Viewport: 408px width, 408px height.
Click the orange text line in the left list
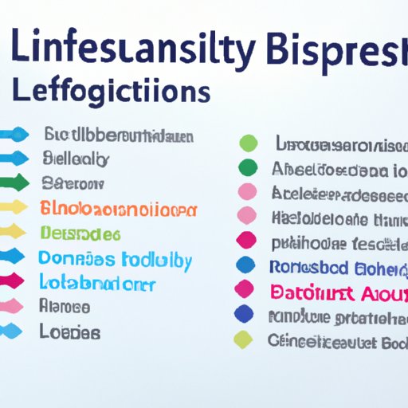[x=117, y=210]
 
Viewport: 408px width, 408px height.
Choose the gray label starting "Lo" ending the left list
[x=69, y=331]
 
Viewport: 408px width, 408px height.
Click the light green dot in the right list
[x=249, y=143]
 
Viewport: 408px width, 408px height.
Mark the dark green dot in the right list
[x=249, y=167]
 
